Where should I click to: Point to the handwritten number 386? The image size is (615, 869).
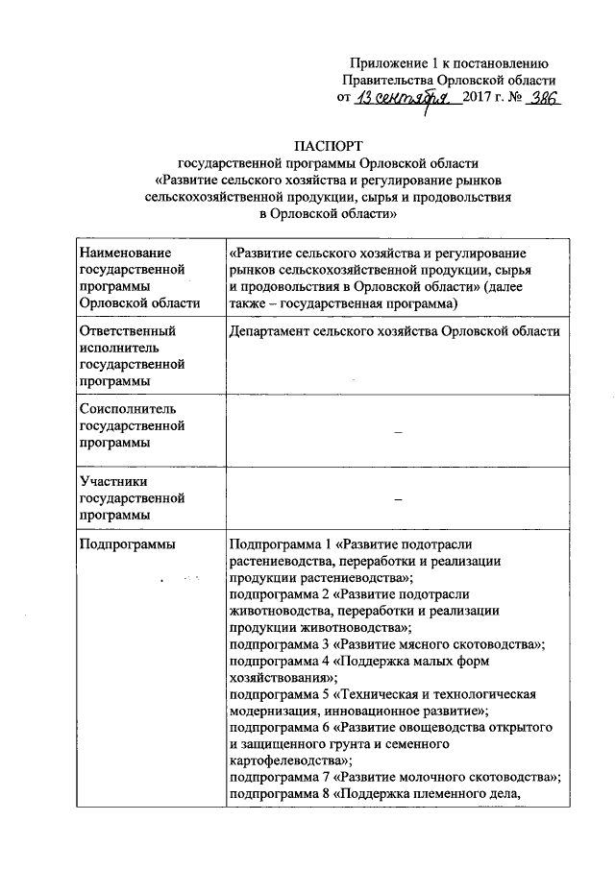click(x=538, y=98)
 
